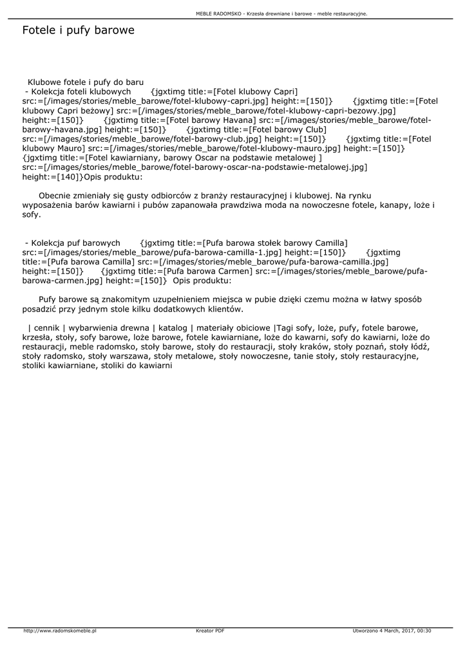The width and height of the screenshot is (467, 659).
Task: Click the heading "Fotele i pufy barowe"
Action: click(x=78, y=30)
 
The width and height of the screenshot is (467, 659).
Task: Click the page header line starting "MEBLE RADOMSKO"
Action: click(x=281, y=13)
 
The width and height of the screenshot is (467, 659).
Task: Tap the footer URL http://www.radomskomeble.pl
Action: click(x=60, y=631)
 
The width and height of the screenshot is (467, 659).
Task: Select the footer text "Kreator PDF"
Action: click(x=210, y=631)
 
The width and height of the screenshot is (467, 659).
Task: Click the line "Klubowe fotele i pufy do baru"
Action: click(x=85, y=82)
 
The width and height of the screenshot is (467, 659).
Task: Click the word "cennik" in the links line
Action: click(x=46, y=328)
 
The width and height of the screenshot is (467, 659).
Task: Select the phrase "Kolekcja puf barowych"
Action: click(x=76, y=243)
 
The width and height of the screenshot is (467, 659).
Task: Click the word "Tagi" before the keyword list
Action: click(x=284, y=328)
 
